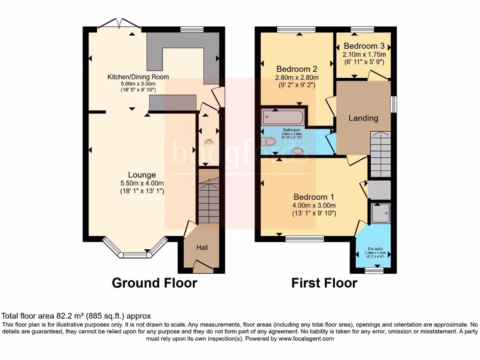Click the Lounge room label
(x=143, y=175)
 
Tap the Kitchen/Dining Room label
(x=138, y=77)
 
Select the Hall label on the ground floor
(x=202, y=247)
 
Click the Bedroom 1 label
(x=315, y=197)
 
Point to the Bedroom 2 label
(x=297, y=69)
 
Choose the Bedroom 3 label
(x=364, y=46)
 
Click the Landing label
(x=363, y=118)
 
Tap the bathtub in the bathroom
(x=284, y=117)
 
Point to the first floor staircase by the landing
(x=380, y=154)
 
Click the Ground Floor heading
(x=154, y=283)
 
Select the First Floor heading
(x=324, y=283)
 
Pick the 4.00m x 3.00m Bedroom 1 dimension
(x=314, y=205)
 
